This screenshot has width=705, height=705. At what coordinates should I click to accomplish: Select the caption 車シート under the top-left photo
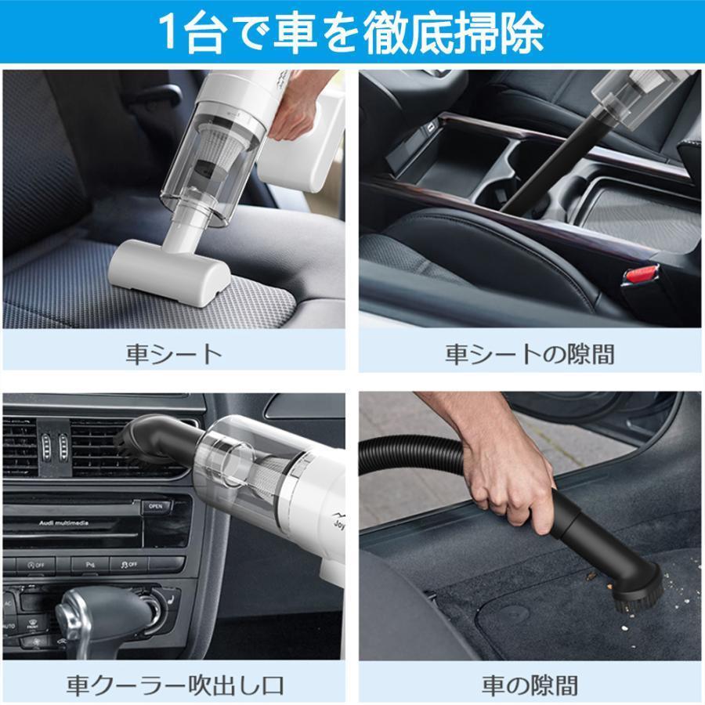point(174,354)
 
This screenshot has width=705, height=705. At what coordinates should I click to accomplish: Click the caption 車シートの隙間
point(530,354)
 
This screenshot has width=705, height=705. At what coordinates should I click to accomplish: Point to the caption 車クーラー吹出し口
point(174,686)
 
